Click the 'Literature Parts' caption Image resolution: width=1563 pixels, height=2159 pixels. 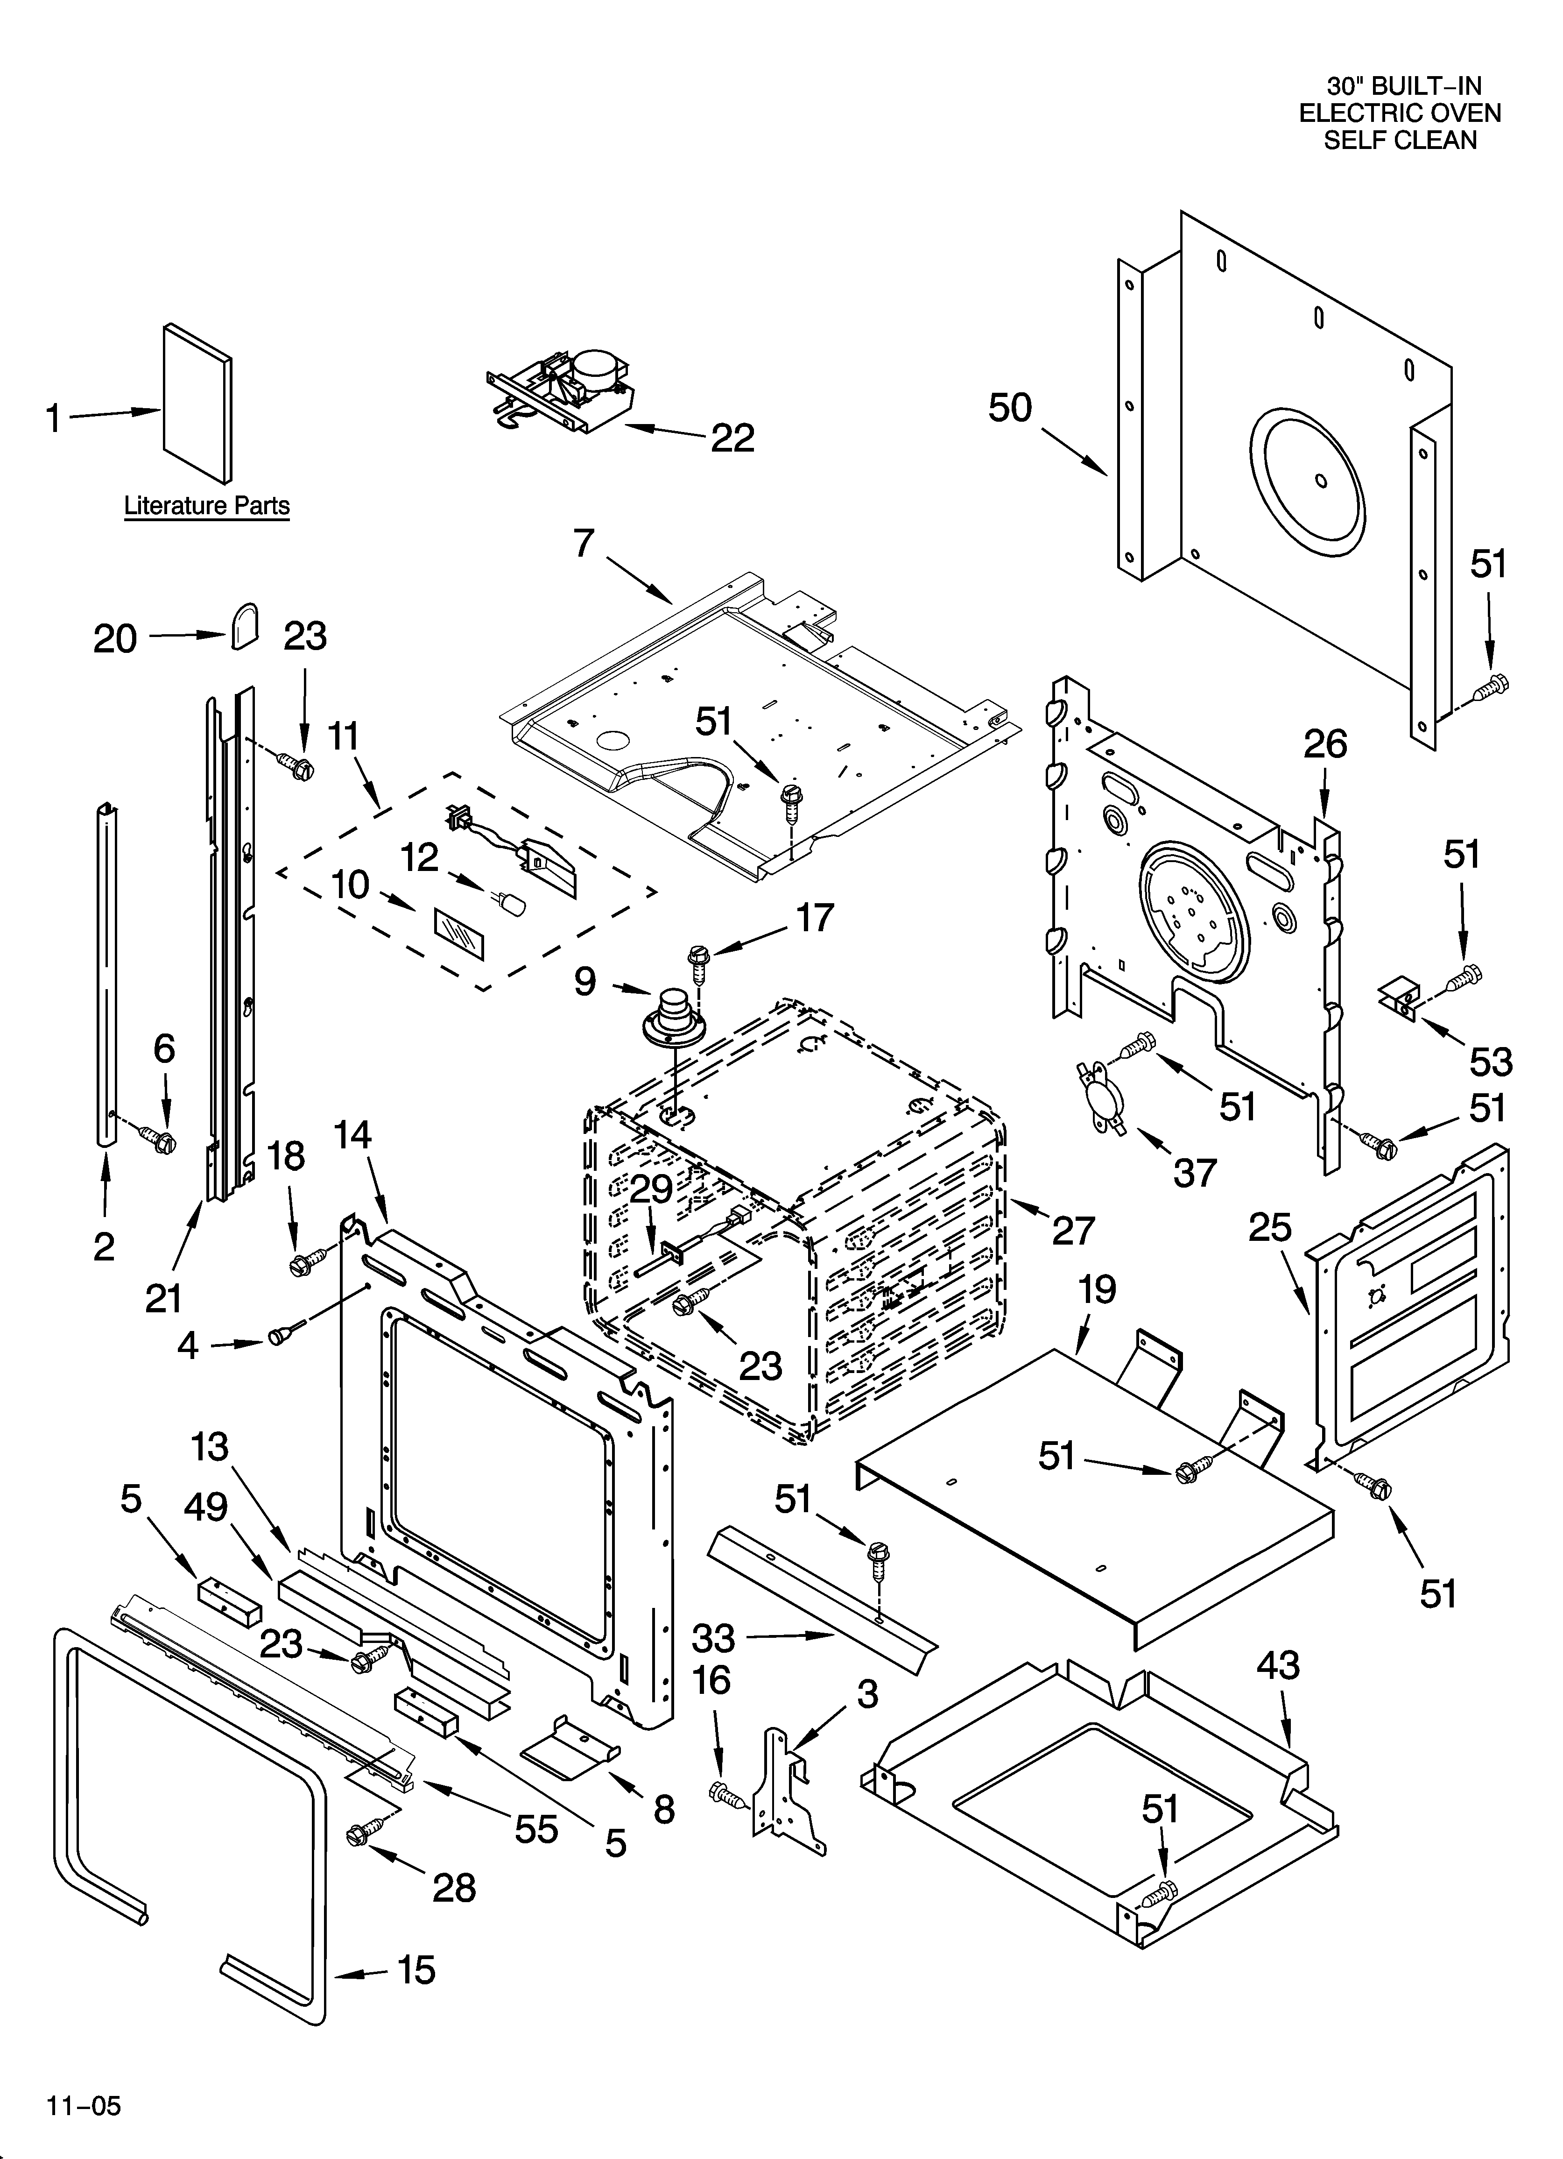pyautogui.click(x=206, y=505)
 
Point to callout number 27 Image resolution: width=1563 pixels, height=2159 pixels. pyautogui.click(x=1073, y=1230)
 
